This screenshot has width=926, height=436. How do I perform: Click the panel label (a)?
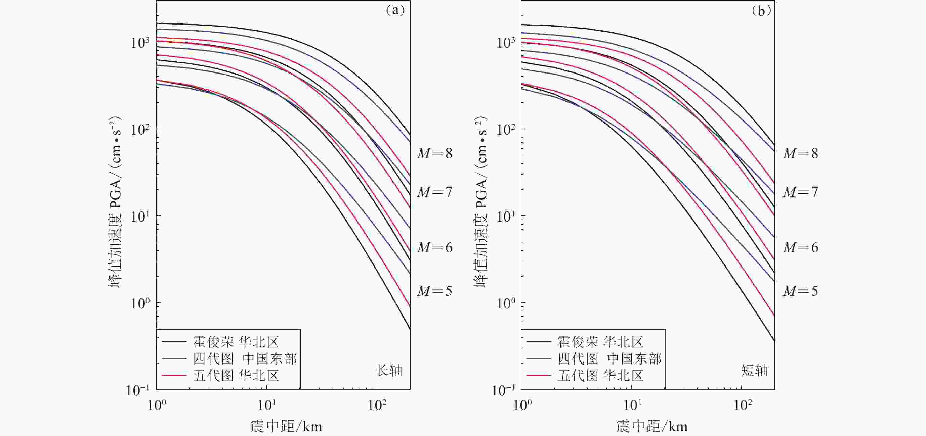[x=395, y=10]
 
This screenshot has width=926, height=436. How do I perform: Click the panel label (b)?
[x=761, y=11]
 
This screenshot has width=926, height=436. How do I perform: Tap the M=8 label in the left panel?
[x=434, y=153]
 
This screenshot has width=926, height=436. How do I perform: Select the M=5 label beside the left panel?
[x=434, y=291]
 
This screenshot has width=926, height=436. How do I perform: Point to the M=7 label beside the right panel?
[x=801, y=192]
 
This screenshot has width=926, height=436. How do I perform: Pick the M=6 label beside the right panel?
[x=801, y=247]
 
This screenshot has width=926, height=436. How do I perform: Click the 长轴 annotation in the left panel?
[x=389, y=370]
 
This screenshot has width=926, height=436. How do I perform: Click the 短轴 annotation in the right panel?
[x=755, y=370]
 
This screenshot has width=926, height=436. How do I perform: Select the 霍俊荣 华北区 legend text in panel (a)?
[x=236, y=342]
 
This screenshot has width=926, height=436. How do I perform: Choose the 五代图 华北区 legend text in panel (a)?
[x=236, y=376]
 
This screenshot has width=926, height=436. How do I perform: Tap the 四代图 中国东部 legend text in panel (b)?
[x=609, y=358]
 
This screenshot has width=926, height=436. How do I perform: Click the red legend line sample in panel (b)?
[x=539, y=376]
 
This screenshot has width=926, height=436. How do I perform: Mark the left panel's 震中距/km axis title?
[x=286, y=426]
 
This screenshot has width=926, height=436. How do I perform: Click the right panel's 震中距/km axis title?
[x=652, y=426]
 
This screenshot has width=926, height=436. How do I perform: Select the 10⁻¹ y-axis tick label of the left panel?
[x=138, y=390]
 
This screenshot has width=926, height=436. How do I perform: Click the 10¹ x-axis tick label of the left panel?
[x=267, y=405]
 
